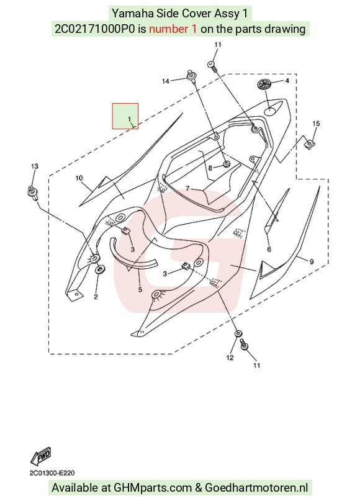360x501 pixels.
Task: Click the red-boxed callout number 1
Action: click(x=129, y=119)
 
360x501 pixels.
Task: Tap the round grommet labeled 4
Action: click(x=265, y=84)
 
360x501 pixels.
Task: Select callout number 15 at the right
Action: click(x=316, y=124)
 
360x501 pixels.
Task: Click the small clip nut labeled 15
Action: click(x=309, y=145)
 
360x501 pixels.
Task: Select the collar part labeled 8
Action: click(x=226, y=165)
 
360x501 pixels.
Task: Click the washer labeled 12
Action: click(x=238, y=334)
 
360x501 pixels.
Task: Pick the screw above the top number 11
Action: click(x=213, y=66)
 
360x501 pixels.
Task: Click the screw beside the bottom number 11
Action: click(x=244, y=345)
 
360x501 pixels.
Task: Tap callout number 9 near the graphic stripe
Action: click(x=312, y=261)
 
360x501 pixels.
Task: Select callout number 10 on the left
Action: click(x=79, y=178)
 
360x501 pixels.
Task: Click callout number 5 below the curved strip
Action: click(x=140, y=290)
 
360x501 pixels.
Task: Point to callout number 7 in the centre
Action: click(x=187, y=189)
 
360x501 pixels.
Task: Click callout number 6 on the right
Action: click(x=269, y=249)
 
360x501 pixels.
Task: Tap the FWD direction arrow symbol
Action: click(x=40, y=456)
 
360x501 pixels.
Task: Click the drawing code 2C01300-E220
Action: click(x=52, y=473)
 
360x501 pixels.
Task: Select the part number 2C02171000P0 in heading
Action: click(x=95, y=29)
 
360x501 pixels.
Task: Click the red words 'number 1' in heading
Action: click(x=173, y=29)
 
